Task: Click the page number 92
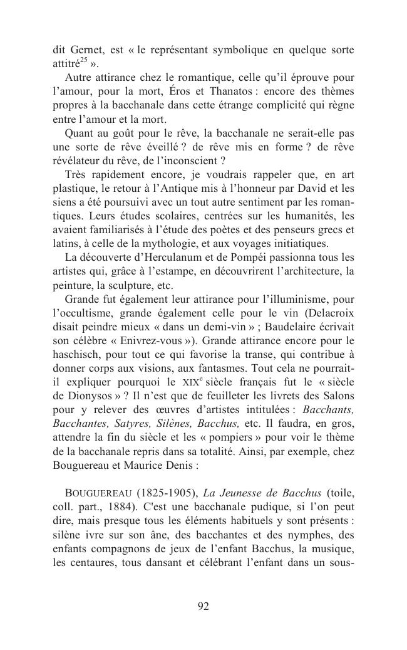pos(203,606)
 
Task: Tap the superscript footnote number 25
pos(83,61)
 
